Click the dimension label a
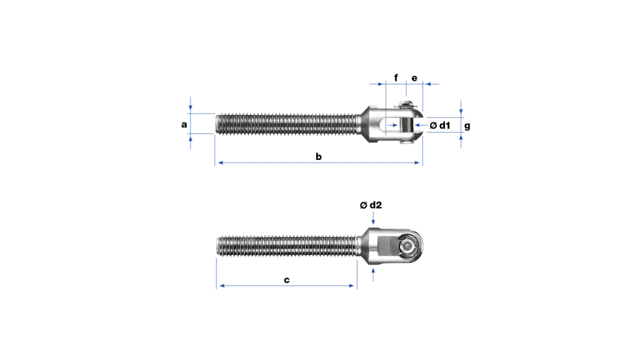[x=184, y=124]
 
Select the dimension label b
[x=318, y=156]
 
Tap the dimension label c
[x=286, y=280]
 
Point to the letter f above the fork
[x=396, y=77]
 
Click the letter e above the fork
[x=414, y=78]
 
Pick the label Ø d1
[x=440, y=125]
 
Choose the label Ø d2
[x=371, y=205]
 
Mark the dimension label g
[x=467, y=126]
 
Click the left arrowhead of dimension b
[x=221, y=163]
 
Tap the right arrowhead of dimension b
[x=417, y=163]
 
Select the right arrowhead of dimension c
[x=351, y=286]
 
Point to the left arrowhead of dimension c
[x=222, y=286]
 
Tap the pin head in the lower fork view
[x=407, y=246]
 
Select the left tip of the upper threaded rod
[x=216, y=124]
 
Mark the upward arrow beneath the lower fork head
[x=373, y=274]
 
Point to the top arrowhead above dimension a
[x=190, y=107]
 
